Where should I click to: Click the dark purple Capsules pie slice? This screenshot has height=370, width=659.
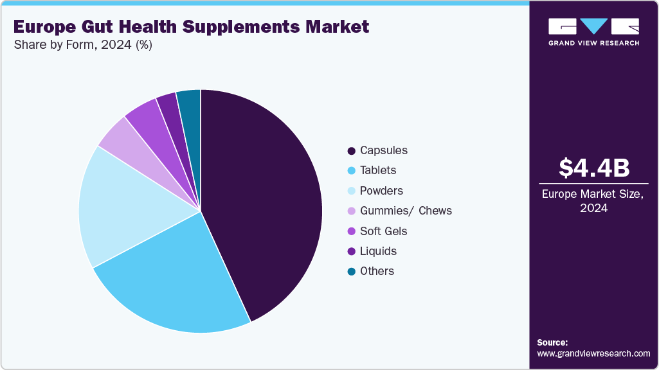coord(264,199)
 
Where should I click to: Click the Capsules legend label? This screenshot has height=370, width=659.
coord(384,150)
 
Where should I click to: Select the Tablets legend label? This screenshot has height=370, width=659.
coord(378,170)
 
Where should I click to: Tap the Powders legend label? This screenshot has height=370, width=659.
coord(382,191)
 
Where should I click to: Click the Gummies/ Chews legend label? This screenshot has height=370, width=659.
coord(406,211)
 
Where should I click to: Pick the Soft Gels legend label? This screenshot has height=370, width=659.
coord(384,231)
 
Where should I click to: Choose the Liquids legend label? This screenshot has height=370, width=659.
coord(378,251)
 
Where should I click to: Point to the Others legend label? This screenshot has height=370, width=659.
coord(377,271)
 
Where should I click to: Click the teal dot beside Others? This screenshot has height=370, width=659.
coord(351,272)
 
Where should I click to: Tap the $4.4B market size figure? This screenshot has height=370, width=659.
coord(593,168)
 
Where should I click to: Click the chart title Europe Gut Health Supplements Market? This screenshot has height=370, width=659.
coord(191,26)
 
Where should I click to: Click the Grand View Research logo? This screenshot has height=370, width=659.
coord(593,31)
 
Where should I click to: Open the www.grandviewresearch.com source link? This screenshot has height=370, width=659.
coord(593,353)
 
